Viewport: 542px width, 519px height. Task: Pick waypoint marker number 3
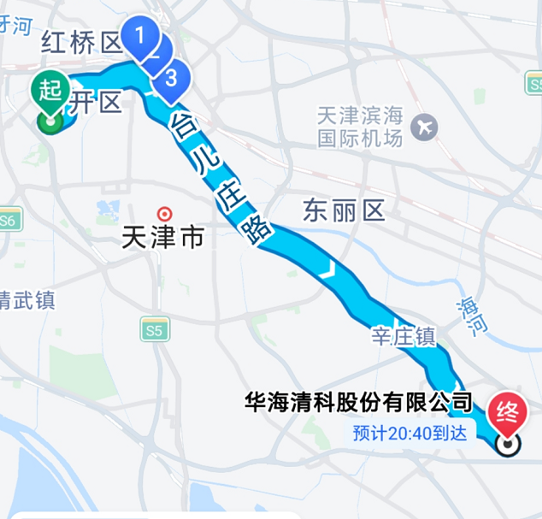pos(171,79)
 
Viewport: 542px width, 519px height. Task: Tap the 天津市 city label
pos(163,237)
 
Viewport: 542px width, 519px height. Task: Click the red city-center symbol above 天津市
pos(164,213)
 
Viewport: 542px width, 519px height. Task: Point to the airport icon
pos(424,128)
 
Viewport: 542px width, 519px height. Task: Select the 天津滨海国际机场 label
pos(360,127)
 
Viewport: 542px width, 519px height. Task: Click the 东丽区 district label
pos(345,210)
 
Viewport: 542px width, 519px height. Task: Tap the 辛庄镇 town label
pos(404,335)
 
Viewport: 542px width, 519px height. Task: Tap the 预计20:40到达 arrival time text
pos(410,433)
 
